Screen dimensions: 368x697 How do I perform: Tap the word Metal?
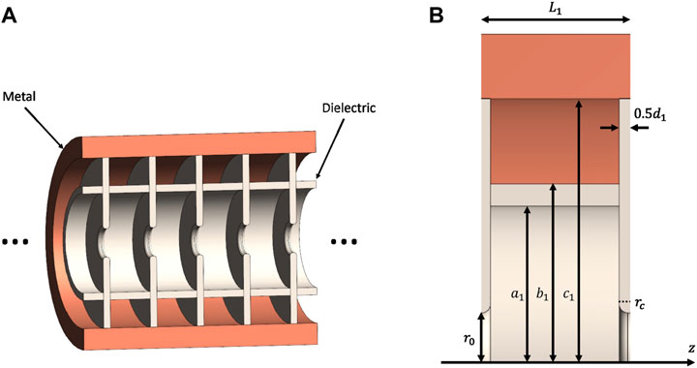click(22, 98)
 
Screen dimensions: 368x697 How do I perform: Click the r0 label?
click(470, 341)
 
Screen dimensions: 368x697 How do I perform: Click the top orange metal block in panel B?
click(555, 65)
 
